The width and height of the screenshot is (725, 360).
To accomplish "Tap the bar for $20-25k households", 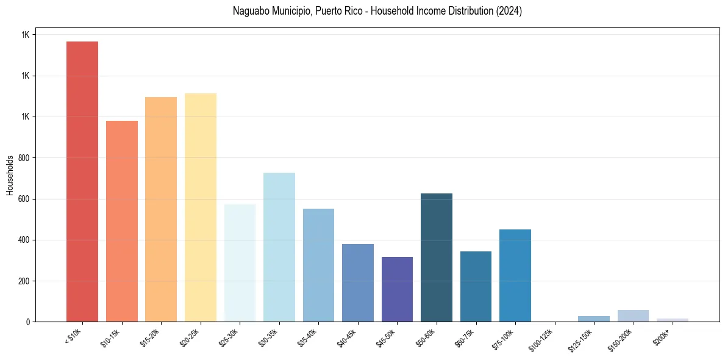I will click(x=201, y=207).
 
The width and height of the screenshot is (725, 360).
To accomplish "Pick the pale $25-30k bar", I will click(x=240, y=263).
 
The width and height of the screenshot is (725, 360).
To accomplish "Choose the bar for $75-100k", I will click(x=515, y=275).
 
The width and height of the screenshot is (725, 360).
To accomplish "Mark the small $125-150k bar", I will click(x=594, y=319).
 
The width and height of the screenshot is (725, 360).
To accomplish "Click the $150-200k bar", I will click(x=633, y=315).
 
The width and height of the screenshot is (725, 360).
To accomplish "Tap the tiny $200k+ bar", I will click(x=673, y=320).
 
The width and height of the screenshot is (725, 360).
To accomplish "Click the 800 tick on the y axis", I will click(x=25, y=158).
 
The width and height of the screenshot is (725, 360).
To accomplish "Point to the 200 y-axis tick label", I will click(x=25, y=281).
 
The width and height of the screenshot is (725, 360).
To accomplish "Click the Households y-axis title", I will click(x=10, y=175).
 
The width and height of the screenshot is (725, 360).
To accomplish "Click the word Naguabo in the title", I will click(x=249, y=11).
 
